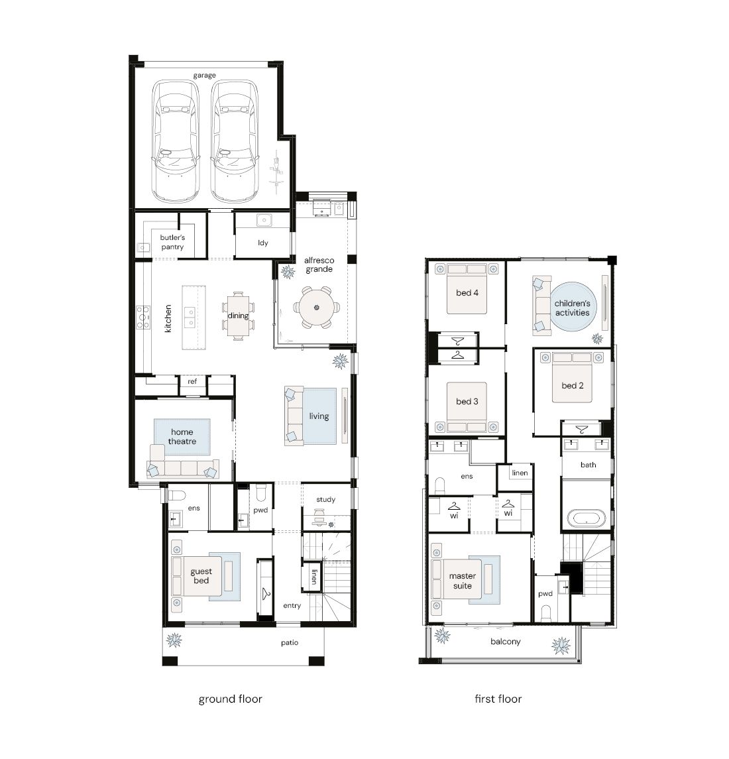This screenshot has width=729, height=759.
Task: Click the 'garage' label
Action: pos(204,76)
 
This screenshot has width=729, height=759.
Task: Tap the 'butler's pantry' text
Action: pos(172,242)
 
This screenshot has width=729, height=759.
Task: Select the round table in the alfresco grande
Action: pos(317,308)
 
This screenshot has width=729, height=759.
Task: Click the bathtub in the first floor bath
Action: pos(586,518)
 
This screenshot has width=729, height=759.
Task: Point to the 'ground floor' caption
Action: pos(231,699)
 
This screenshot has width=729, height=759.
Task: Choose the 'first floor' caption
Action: pos(498,699)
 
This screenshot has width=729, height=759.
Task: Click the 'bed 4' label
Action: pos(467,293)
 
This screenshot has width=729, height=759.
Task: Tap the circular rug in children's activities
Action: pos(573,307)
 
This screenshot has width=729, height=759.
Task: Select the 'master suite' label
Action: pos(463,581)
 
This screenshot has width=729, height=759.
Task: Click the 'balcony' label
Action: pos(506,642)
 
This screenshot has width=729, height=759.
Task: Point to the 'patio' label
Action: pos(290,643)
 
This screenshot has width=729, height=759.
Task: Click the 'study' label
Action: pos(326,500)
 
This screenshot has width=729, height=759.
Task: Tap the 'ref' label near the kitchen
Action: pos(192,381)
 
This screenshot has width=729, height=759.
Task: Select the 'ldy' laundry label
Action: pos(263,243)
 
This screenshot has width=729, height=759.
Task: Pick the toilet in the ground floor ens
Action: pos(176,495)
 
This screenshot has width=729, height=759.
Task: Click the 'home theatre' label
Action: pos(182,437)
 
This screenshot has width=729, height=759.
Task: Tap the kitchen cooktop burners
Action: pos(142,317)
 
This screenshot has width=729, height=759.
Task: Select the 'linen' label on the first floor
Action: pos(520,473)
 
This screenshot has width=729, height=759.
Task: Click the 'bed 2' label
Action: pos(573,386)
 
